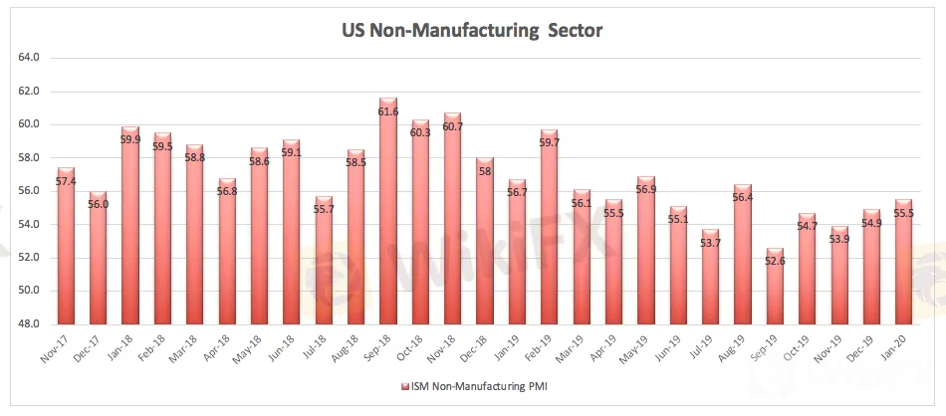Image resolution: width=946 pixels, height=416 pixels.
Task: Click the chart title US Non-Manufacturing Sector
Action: pos(473,31)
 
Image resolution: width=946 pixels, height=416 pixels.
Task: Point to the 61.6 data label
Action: pos(388,112)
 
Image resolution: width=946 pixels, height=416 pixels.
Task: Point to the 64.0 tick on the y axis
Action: pos(29,58)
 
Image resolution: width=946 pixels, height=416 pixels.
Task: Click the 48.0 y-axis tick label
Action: pos(29,324)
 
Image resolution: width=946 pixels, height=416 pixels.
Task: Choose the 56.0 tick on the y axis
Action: pos(29,191)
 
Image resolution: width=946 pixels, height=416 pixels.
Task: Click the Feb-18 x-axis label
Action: pos(159,343)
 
